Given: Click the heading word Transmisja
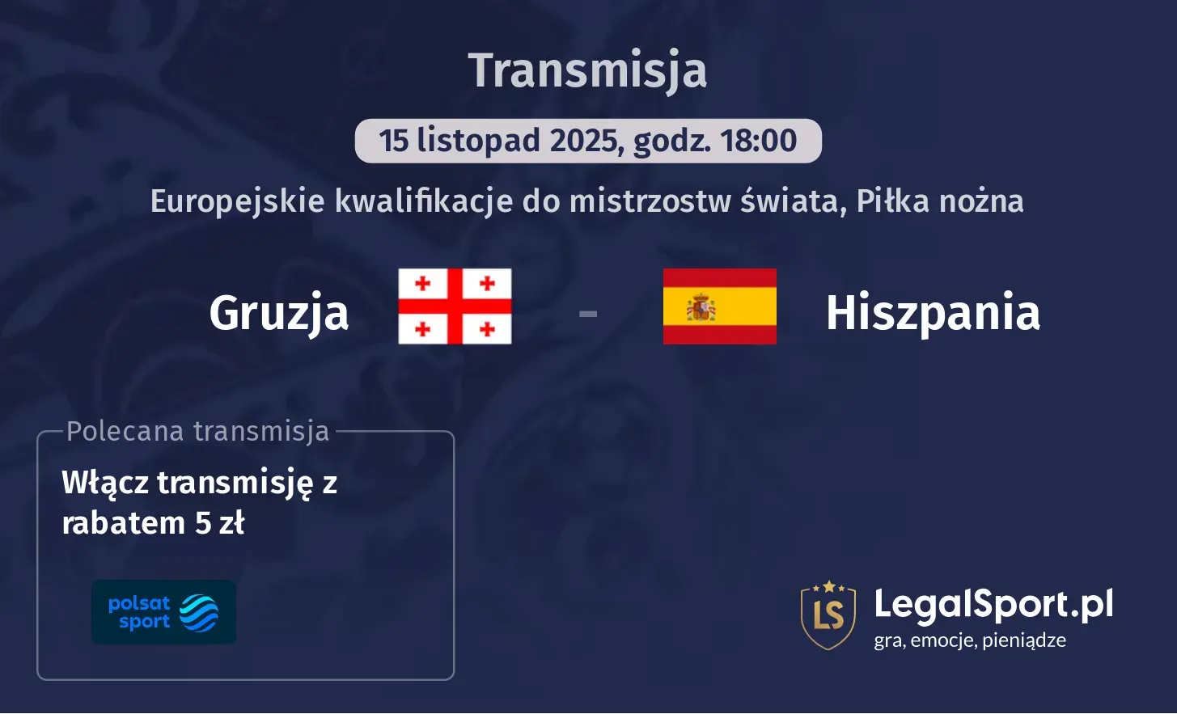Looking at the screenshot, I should pyautogui.click(x=588, y=70).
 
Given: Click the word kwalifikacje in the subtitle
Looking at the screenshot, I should pyautogui.click(x=423, y=201).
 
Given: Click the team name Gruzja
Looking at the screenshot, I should pyautogui.click(x=279, y=313).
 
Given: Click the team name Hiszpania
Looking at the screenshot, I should pyautogui.click(x=933, y=313).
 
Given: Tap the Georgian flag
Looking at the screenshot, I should pyautogui.click(x=455, y=306).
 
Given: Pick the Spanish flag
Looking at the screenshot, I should pyautogui.click(x=719, y=306).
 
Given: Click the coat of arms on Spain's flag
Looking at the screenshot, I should pyautogui.click(x=701, y=307).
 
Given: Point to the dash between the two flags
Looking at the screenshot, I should pyautogui.click(x=588, y=312).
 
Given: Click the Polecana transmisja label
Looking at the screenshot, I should pyautogui.click(x=198, y=431).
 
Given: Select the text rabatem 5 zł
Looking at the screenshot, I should pyautogui.click(x=153, y=523).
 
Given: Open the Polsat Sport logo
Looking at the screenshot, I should pyautogui.click(x=164, y=612).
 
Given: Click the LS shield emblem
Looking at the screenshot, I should pyautogui.click(x=828, y=615).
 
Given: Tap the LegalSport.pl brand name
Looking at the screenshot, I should pyautogui.click(x=993, y=604).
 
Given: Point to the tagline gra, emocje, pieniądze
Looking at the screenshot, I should pyautogui.click(x=970, y=640).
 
